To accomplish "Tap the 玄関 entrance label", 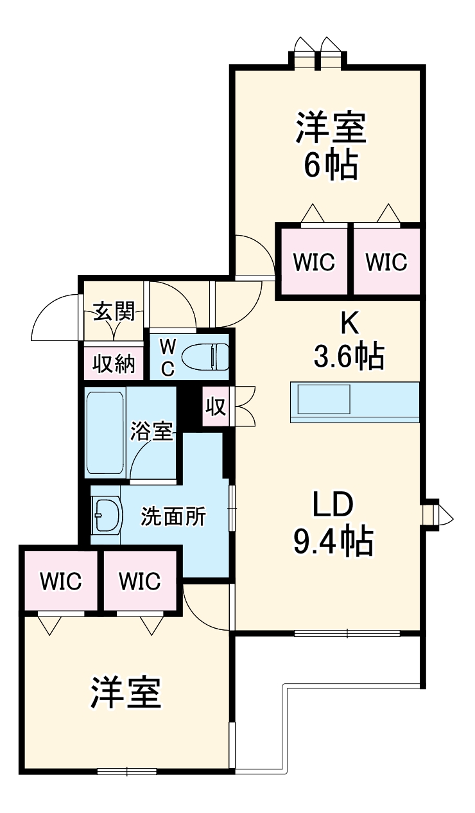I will pyautogui.click(x=114, y=313).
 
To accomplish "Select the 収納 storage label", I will pyautogui.click(x=114, y=363).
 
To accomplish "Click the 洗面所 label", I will pyautogui.click(x=173, y=516).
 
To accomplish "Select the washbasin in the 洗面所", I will pyautogui.click(x=107, y=516).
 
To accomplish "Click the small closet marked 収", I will pyautogui.click(x=216, y=406).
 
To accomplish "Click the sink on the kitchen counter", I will pyautogui.click(x=324, y=400).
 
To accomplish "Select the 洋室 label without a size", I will pyautogui.click(x=126, y=692).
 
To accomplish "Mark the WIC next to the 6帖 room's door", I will pyautogui.click(x=313, y=262).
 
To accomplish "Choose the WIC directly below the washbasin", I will pyautogui.click(x=61, y=581).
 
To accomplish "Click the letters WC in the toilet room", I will pyautogui.click(x=166, y=357).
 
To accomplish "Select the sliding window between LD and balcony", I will pyautogui.click(x=347, y=633).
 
